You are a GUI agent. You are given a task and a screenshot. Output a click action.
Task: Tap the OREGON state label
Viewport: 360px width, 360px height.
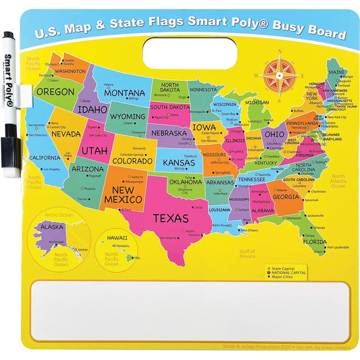(55, 91)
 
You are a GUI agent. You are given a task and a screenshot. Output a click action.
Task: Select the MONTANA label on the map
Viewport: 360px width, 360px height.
(124, 93)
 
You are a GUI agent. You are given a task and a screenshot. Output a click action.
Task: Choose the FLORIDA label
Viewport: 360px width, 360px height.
(314, 241)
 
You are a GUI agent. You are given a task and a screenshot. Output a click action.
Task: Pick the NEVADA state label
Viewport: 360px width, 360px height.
(66, 134)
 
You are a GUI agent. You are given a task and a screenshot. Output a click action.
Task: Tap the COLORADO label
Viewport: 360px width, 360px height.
(132, 161)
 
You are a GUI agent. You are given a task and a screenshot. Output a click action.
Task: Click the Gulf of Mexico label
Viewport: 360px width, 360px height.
(247, 254)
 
